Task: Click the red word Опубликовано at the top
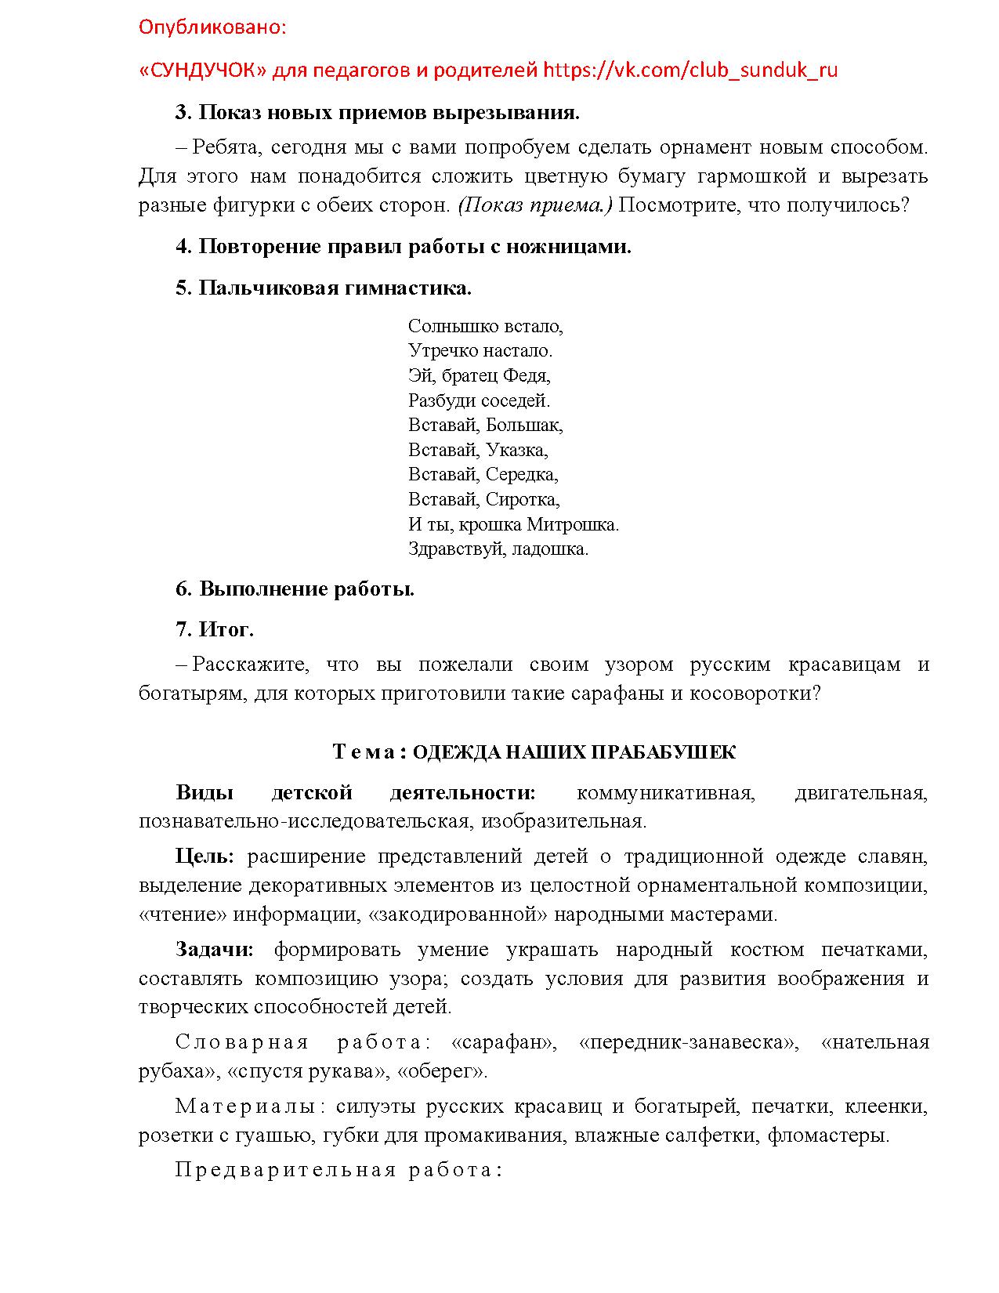coord(212,28)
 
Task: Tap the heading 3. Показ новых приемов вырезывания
coord(377,113)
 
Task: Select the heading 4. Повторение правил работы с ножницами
coord(403,247)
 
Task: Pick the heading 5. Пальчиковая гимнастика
coord(323,288)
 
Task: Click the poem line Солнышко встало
coord(485,326)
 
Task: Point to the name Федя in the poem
coord(526,375)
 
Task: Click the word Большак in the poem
coord(523,425)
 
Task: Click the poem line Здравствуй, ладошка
coord(498,549)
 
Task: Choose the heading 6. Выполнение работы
coord(295,589)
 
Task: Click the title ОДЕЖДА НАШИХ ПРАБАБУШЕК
coord(574,753)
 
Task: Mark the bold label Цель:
coord(205,857)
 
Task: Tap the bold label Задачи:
coord(215,950)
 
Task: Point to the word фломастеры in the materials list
coord(828,1135)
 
